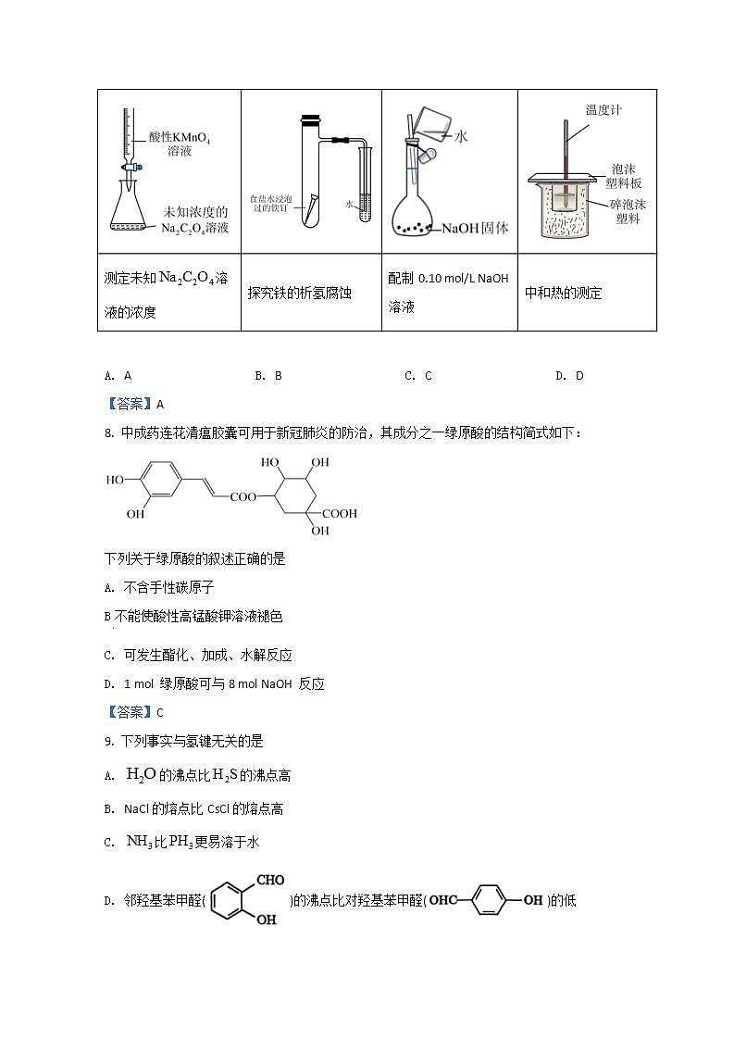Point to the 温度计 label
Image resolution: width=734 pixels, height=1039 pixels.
[603, 110]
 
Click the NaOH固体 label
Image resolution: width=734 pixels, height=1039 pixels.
[475, 228]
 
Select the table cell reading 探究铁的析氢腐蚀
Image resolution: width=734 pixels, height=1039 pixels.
[300, 293]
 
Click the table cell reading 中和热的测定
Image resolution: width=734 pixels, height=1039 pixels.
[564, 293]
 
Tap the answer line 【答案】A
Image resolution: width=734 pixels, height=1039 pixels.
[135, 404]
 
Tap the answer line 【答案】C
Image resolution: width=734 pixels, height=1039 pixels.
[135, 712]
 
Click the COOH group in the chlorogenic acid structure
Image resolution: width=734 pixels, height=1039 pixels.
[338, 513]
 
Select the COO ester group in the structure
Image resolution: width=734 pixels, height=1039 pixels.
[243, 497]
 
